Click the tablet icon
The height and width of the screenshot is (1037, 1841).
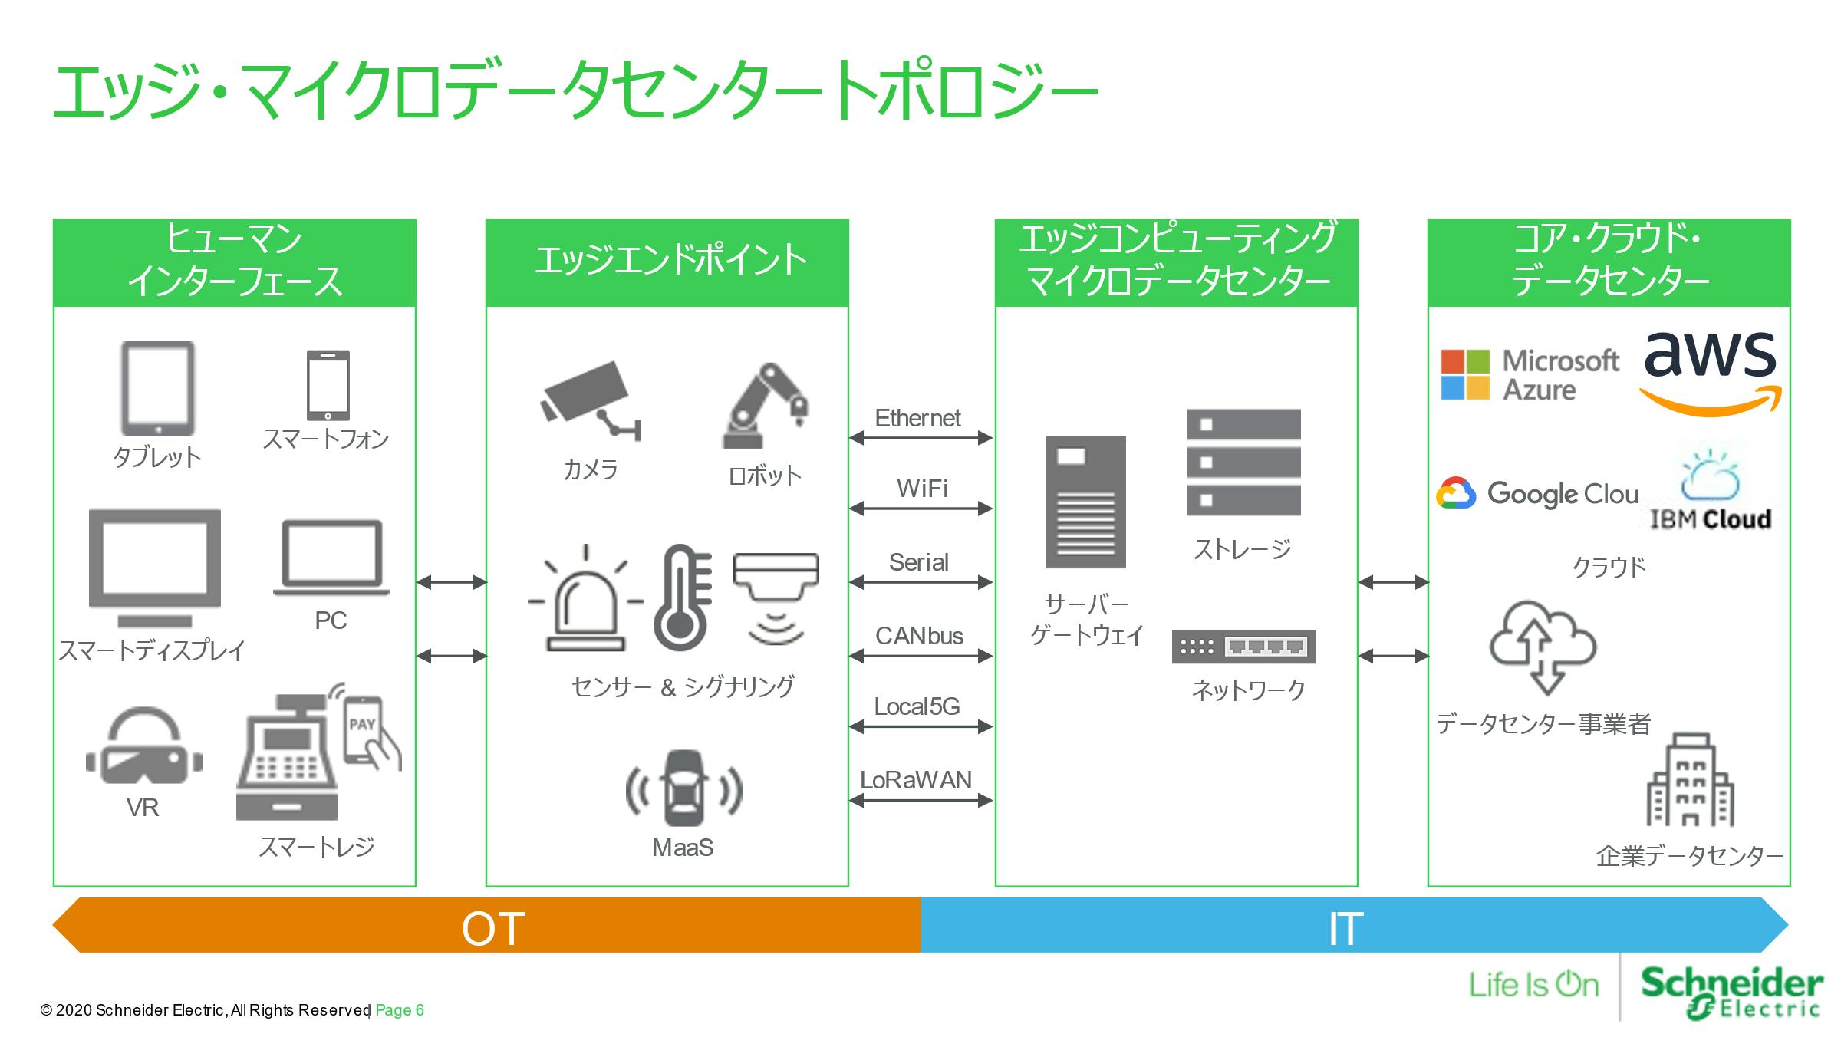(157, 388)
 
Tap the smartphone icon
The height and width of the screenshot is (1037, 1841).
(328, 385)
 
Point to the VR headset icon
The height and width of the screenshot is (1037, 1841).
(143, 747)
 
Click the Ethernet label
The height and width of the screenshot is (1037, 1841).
(917, 418)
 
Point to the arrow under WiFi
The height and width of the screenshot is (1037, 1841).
(920, 508)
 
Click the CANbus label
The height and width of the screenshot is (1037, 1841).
(919, 636)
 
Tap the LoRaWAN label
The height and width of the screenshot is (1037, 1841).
(916, 780)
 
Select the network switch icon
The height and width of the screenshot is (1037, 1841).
(1243, 647)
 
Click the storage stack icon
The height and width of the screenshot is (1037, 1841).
(1243, 462)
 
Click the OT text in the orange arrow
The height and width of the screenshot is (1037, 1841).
(492, 928)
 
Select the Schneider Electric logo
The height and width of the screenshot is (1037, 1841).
(1731, 992)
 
